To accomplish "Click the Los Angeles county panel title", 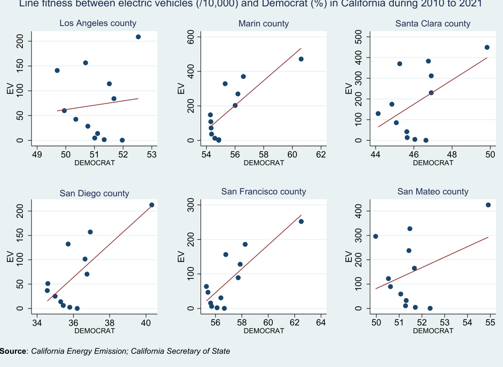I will click(98, 23).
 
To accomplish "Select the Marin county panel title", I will click(264, 23).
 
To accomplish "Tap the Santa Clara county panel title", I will click(433, 23).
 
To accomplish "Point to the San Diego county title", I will click(94, 194).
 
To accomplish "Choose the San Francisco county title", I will click(264, 192).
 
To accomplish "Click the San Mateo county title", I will click(433, 192).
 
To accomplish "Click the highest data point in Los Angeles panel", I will click(138, 37).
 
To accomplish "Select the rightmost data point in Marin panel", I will click(301, 59).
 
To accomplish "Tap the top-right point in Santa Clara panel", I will click(487, 47).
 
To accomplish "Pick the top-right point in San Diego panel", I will click(152, 205).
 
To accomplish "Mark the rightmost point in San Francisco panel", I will click(301, 221).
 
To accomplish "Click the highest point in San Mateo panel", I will click(488, 205).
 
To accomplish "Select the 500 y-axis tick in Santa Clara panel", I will click(360, 37).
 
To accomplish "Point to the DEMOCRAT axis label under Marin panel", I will click(264, 163).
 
